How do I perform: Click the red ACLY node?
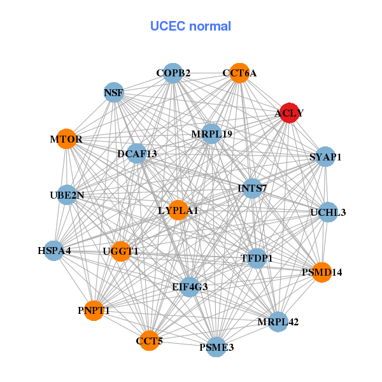(x=290, y=113)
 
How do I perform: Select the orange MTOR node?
(x=66, y=139)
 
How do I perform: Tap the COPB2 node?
(x=173, y=73)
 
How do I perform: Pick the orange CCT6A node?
(x=239, y=73)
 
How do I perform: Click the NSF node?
(x=113, y=93)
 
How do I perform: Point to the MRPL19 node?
(x=211, y=134)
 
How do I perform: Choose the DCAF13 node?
(x=137, y=153)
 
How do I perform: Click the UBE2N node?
(x=67, y=195)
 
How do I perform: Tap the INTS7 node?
(x=252, y=188)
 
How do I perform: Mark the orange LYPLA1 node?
(x=178, y=210)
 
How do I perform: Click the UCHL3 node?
(x=327, y=212)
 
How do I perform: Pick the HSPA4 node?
(x=54, y=250)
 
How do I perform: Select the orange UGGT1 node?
(x=120, y=251)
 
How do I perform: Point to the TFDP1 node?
(x=257, y=258)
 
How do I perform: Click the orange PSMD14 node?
(x=322, y=272)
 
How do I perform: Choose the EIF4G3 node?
(x=190, y=286)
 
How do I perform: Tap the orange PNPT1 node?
(x=94, y=311)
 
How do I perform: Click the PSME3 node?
(x=216, y=347)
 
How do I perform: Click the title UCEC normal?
(x=190, y=26)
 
